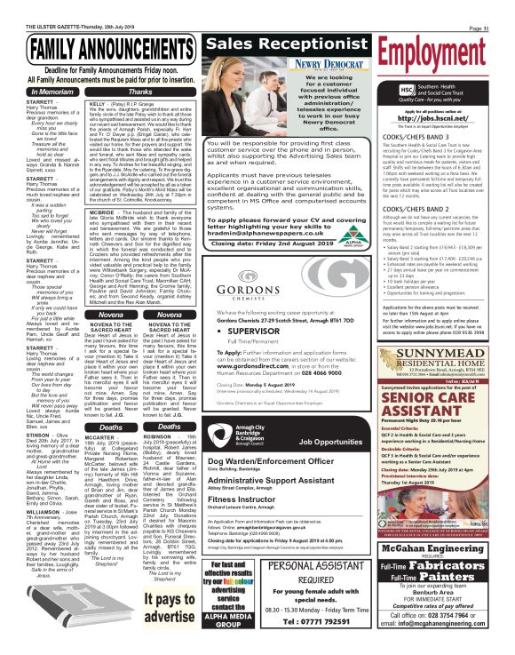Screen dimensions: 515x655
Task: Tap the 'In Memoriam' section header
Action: click(44, 92)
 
